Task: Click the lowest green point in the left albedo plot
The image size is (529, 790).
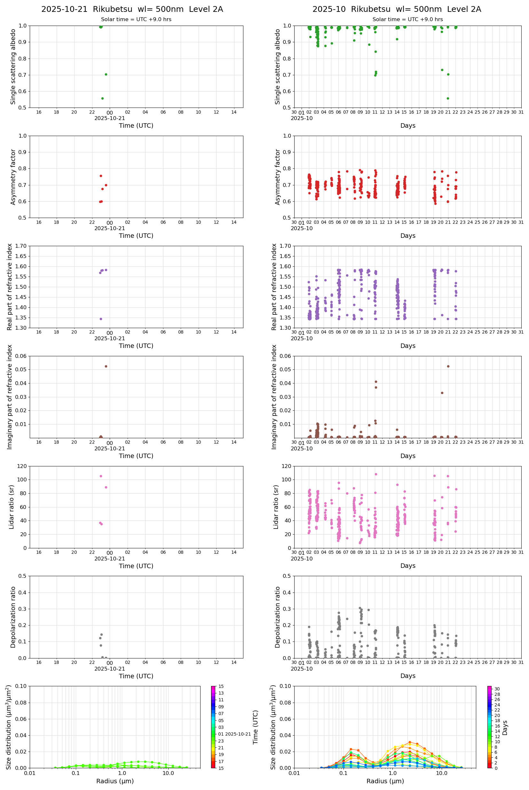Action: pos(102,98)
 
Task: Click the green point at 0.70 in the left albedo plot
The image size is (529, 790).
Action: pos(106,74)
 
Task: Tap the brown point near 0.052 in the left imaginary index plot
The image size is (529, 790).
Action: pos(106,366)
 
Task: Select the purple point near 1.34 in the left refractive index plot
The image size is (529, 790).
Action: pos(101,319)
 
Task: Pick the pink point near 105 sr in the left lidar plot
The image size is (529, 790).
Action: pos(101,476)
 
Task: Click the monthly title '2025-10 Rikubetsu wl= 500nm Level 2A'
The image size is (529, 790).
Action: pos(396,9)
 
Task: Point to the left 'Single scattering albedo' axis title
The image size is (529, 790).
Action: pos(13,67)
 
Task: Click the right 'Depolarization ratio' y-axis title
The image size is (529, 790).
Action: pos(278,617)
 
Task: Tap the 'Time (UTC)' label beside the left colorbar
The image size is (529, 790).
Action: pos(256,727)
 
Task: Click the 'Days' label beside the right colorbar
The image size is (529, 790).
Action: pos(505,728)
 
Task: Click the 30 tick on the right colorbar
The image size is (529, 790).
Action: pos(497,689)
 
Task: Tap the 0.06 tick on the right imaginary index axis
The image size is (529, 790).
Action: pos(285,356)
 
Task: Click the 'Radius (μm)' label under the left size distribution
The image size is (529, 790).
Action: pos(115,781)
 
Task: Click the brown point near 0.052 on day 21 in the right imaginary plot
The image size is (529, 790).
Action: pos(448,366)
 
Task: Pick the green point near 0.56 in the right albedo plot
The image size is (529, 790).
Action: pos(448,98)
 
